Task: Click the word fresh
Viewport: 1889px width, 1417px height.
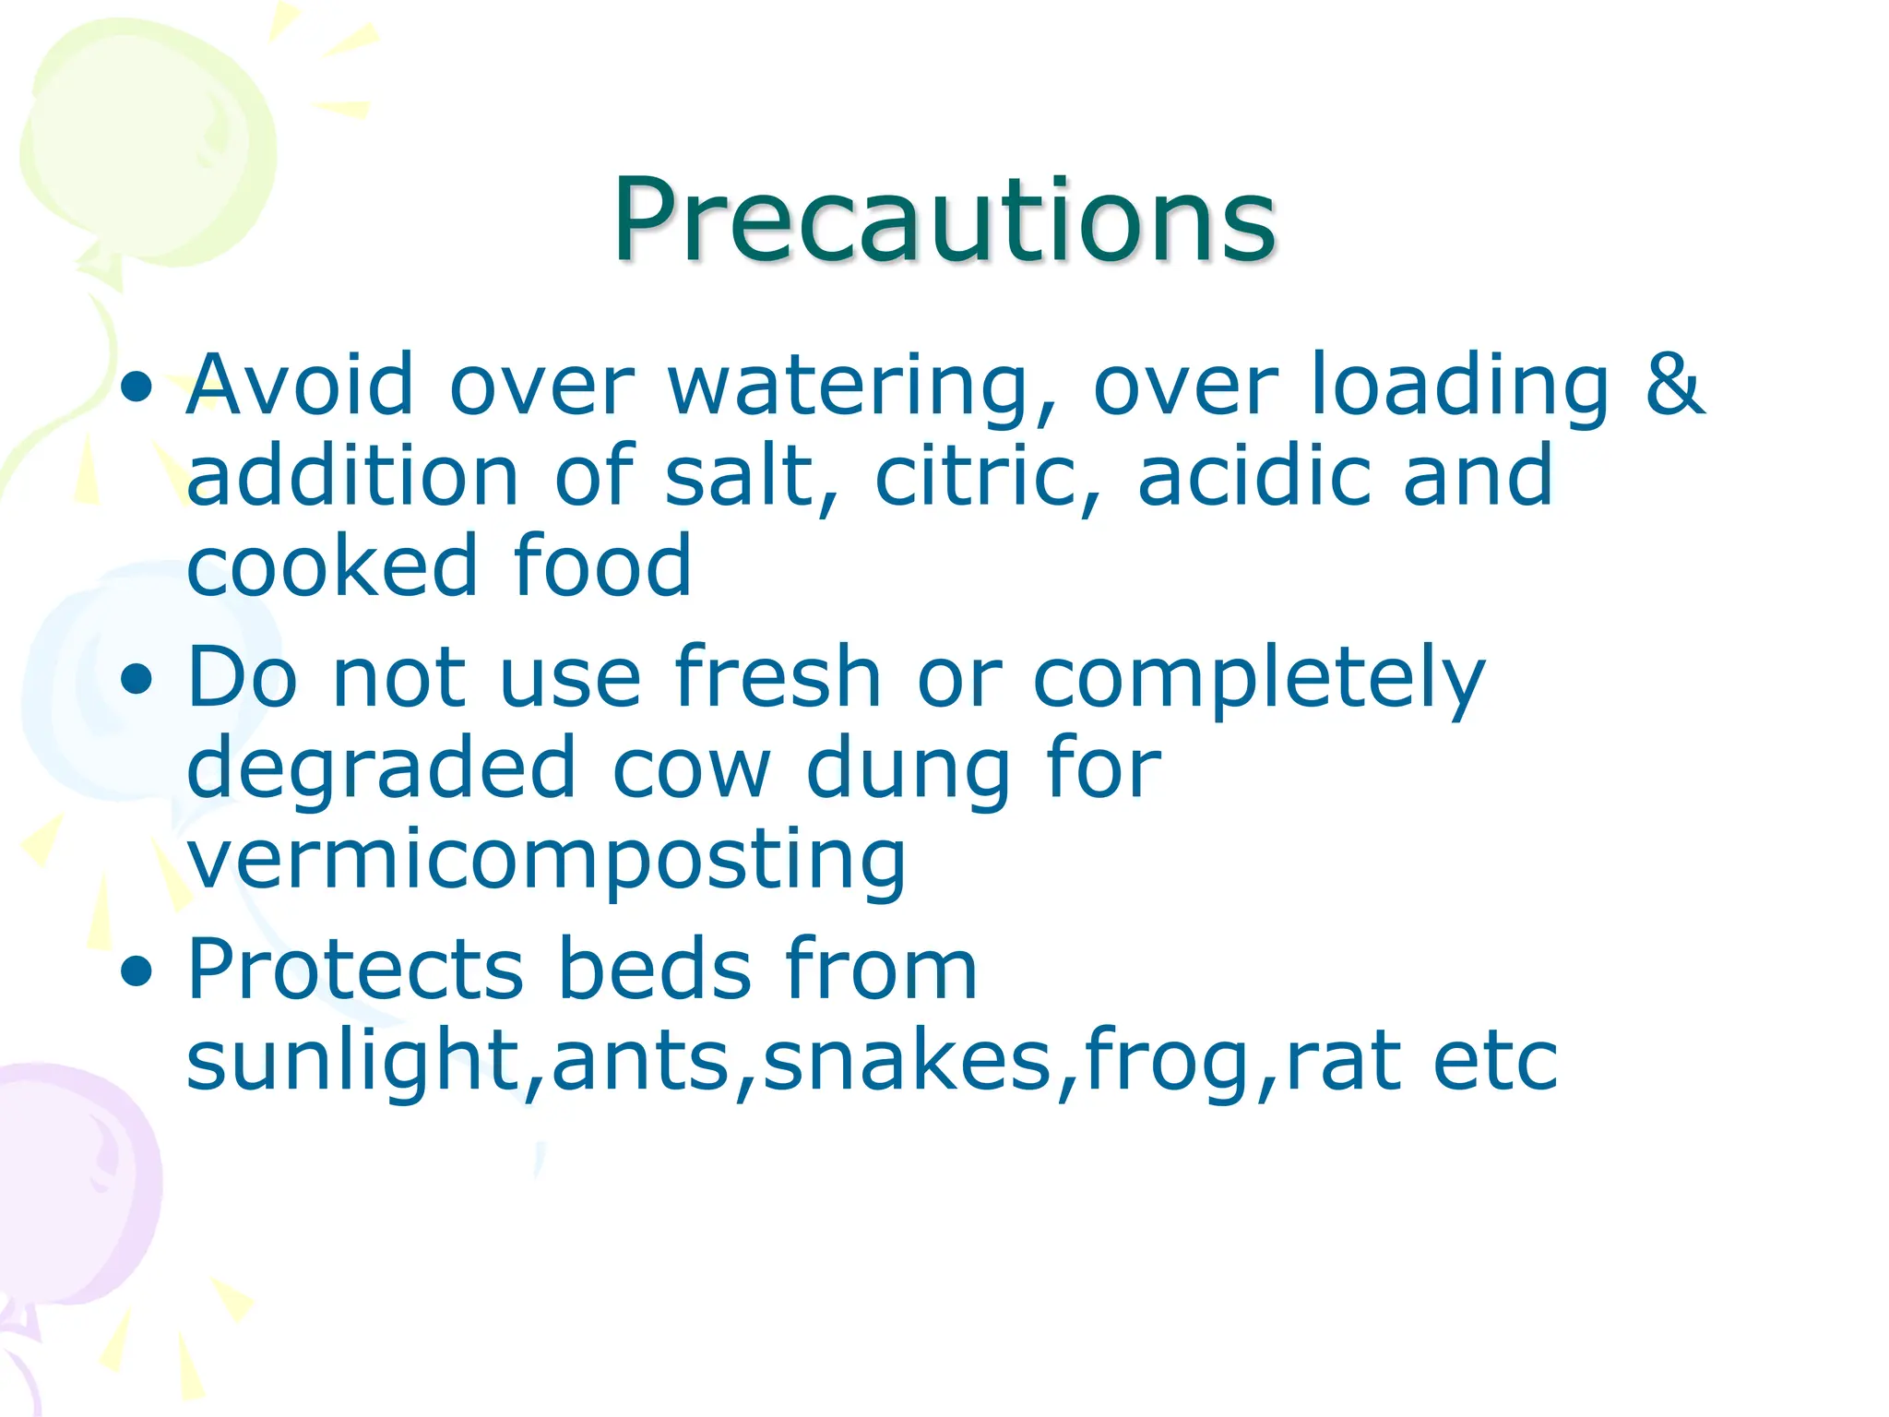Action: coord(778,677)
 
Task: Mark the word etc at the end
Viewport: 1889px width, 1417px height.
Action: coord(1495,1061)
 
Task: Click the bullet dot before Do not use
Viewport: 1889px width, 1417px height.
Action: coord(137,680)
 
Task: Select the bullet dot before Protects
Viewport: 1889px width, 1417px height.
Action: coord(137,970)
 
